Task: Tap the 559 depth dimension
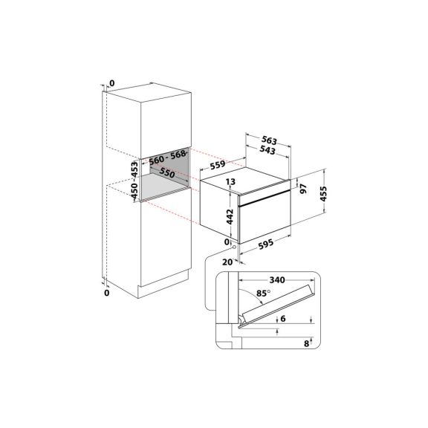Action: click(218, 167)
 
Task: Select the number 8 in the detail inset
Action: click(305, 343)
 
